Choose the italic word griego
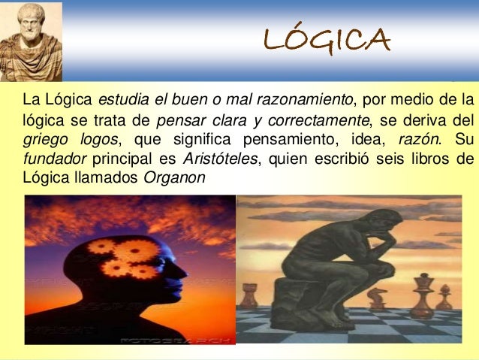tap(44, 140)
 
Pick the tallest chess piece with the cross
tap(421, 293)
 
